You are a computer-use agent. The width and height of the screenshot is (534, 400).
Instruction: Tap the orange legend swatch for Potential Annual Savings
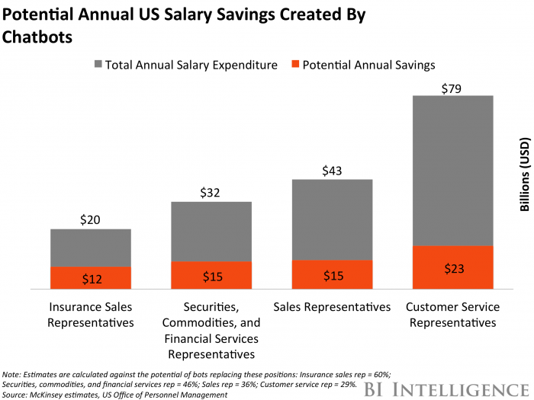pos(294,66)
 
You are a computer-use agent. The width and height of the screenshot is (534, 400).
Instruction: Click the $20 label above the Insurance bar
pos(91,220)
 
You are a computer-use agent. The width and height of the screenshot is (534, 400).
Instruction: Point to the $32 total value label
pos(211,193)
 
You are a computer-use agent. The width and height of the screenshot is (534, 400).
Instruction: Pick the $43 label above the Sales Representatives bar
pos(332,171)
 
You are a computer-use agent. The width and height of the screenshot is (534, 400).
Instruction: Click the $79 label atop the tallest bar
pos(452,88)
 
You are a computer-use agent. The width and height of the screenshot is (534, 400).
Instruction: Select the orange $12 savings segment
pos(91,278)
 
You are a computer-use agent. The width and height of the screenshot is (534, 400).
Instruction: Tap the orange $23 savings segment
pos(452,268)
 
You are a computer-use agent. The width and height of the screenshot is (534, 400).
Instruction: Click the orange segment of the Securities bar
pos(211,276)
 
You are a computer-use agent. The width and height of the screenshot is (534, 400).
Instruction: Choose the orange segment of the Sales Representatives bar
pos(332,275)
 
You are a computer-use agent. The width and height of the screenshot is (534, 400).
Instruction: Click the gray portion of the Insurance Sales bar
pos(91,248)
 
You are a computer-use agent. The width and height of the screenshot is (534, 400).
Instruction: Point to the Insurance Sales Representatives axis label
pos(91,315)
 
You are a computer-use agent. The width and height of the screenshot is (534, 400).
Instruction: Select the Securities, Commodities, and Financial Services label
pos(211,330)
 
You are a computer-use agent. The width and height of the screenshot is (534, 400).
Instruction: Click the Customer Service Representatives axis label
pos(452,315)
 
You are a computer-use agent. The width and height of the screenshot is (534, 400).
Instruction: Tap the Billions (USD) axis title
pos(523,175)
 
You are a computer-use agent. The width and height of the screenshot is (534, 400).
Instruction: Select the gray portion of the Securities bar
pos(211,232)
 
